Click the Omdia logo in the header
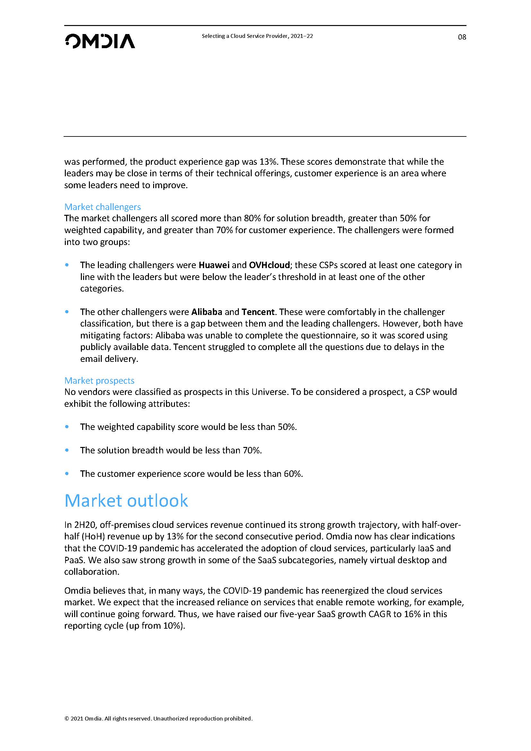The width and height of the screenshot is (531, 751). [100, 41]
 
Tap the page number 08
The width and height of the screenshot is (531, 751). [462, 37]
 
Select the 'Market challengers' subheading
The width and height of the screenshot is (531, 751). [102, 207]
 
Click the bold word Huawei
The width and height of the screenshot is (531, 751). [214, 265]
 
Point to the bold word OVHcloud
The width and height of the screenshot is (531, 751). [269, 265]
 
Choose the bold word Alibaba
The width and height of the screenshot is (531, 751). [207, 312]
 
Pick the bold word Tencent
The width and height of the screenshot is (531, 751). [258, 312]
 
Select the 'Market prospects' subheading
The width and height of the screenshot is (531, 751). [100, 380]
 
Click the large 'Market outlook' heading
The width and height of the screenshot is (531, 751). [126, 501]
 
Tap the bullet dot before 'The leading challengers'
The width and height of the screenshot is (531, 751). [67, 265]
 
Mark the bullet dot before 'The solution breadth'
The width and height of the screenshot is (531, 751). [67, 450]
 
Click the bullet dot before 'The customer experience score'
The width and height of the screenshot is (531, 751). [67, 473]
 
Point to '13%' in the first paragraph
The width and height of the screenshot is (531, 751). [268, 162]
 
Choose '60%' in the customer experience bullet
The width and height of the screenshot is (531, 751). [293, 474]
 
